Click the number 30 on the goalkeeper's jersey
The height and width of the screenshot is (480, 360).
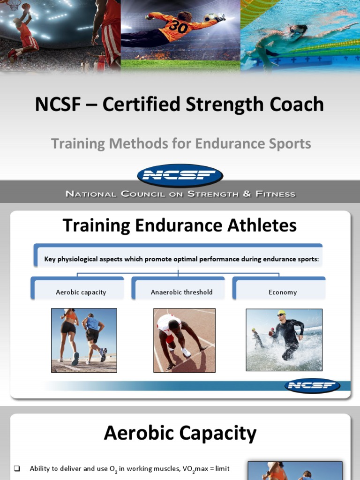pyautogui.click(x=178, y=27)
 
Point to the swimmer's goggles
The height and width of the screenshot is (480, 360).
pyautogui.click(x=295, y=32)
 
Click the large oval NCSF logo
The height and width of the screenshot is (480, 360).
pyautogui.click(x=180, y=176)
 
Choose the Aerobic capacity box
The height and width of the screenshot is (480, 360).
pyautogui.click(x=81, y=292)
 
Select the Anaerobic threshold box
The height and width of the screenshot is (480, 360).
pyautogui.click(x=181, y=292)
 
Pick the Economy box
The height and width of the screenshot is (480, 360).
pyautogui.click(x=282, y=292)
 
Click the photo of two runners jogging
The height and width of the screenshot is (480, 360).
pyautogui.click(x=84, y=340)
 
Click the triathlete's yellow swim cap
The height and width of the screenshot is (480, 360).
pyautogui.click(x=281, y=313)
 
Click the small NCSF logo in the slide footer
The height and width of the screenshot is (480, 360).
pyautogui.click(x=312, y=386)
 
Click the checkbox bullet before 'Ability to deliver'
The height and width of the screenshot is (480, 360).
pyautogui.click(x=17, y=469)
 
